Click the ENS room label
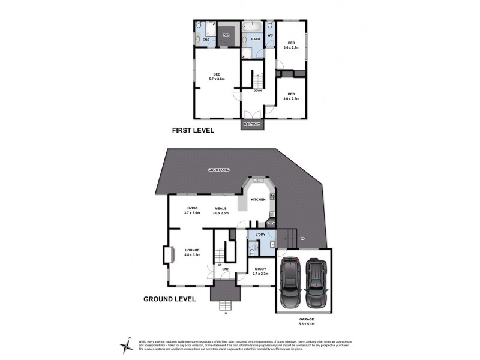pos(205,40)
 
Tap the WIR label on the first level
pos(226,36)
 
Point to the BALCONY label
pos(252,124)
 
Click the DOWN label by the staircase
pos(257,91)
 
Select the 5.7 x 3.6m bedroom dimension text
pos(216,79)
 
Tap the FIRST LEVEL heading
pos(193,130)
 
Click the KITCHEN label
pos(258,199)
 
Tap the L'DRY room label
pos(260,233)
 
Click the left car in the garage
pos(291,282)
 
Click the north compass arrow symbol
pos(128,342)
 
